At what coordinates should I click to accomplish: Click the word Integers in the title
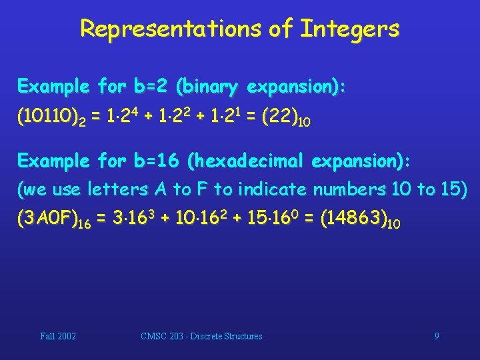coord(350,29)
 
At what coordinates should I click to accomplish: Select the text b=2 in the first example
coord(151,87)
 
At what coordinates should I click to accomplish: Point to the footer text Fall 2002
coord(58,336)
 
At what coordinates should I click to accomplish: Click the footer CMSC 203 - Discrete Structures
coord(202,336)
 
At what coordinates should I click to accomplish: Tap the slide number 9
coord(437,336)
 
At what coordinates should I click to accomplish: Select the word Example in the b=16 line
coord(53,161)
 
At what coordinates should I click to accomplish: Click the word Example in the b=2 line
coord(53,87)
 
